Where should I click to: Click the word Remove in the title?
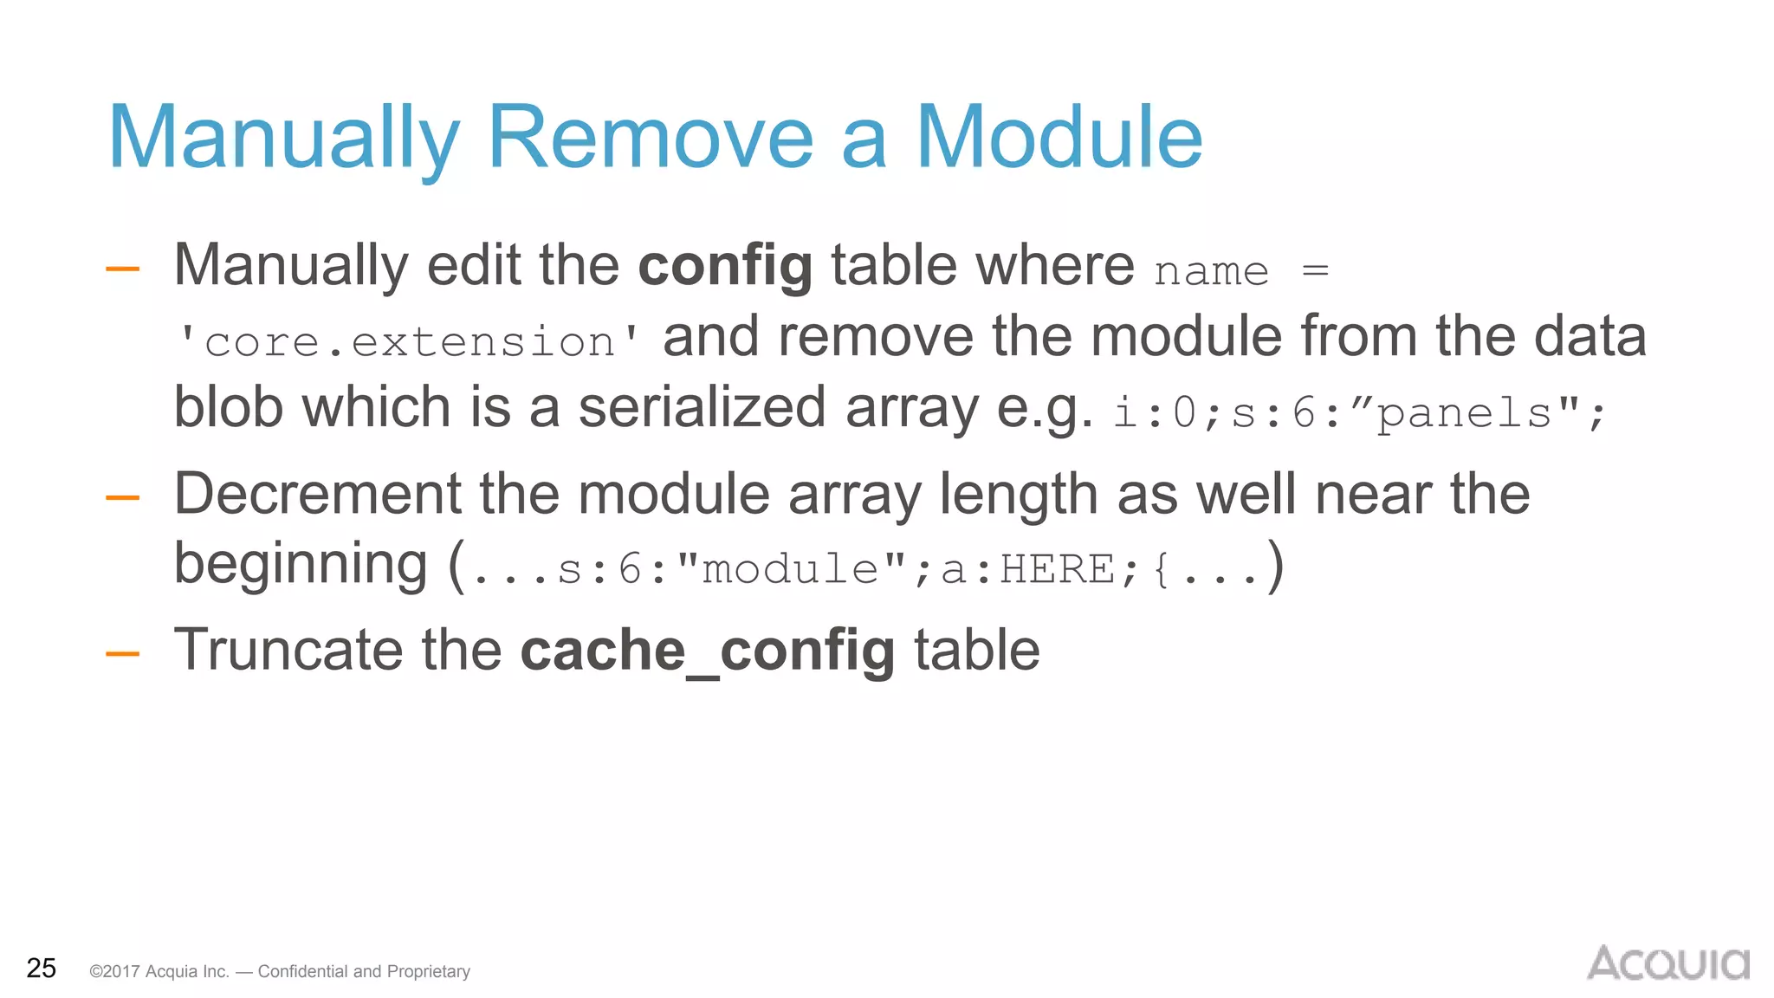pyautogui.click(x=651, y=139)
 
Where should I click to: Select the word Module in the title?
pyautogui.click(x=1059, y=139)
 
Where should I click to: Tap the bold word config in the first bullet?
pyautogui.click(x=725, y=266)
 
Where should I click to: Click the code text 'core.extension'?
pyautogui.click(x=409, y=341)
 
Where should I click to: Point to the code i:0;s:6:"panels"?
pyautogui.click(x=1359, y=412)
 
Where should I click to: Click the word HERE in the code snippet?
pyautogui.click(x=1058, y=569)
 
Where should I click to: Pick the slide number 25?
pyautogui.click(x=42, y=968)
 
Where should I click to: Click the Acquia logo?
pyautogui.click(x=1667, y=962)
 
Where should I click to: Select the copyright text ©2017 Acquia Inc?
pyautogui.click(x=159, y=971)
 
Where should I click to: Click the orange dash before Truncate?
pyautogui.click(x=122, y=653)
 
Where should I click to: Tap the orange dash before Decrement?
pyautogui.click(x=122, y=497)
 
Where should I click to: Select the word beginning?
pyautogui.click(x=301, y=565)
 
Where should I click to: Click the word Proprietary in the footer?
pyautogui.click(x=428, y=971)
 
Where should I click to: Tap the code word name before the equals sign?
pyautogui.click(x=1212, y=271)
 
